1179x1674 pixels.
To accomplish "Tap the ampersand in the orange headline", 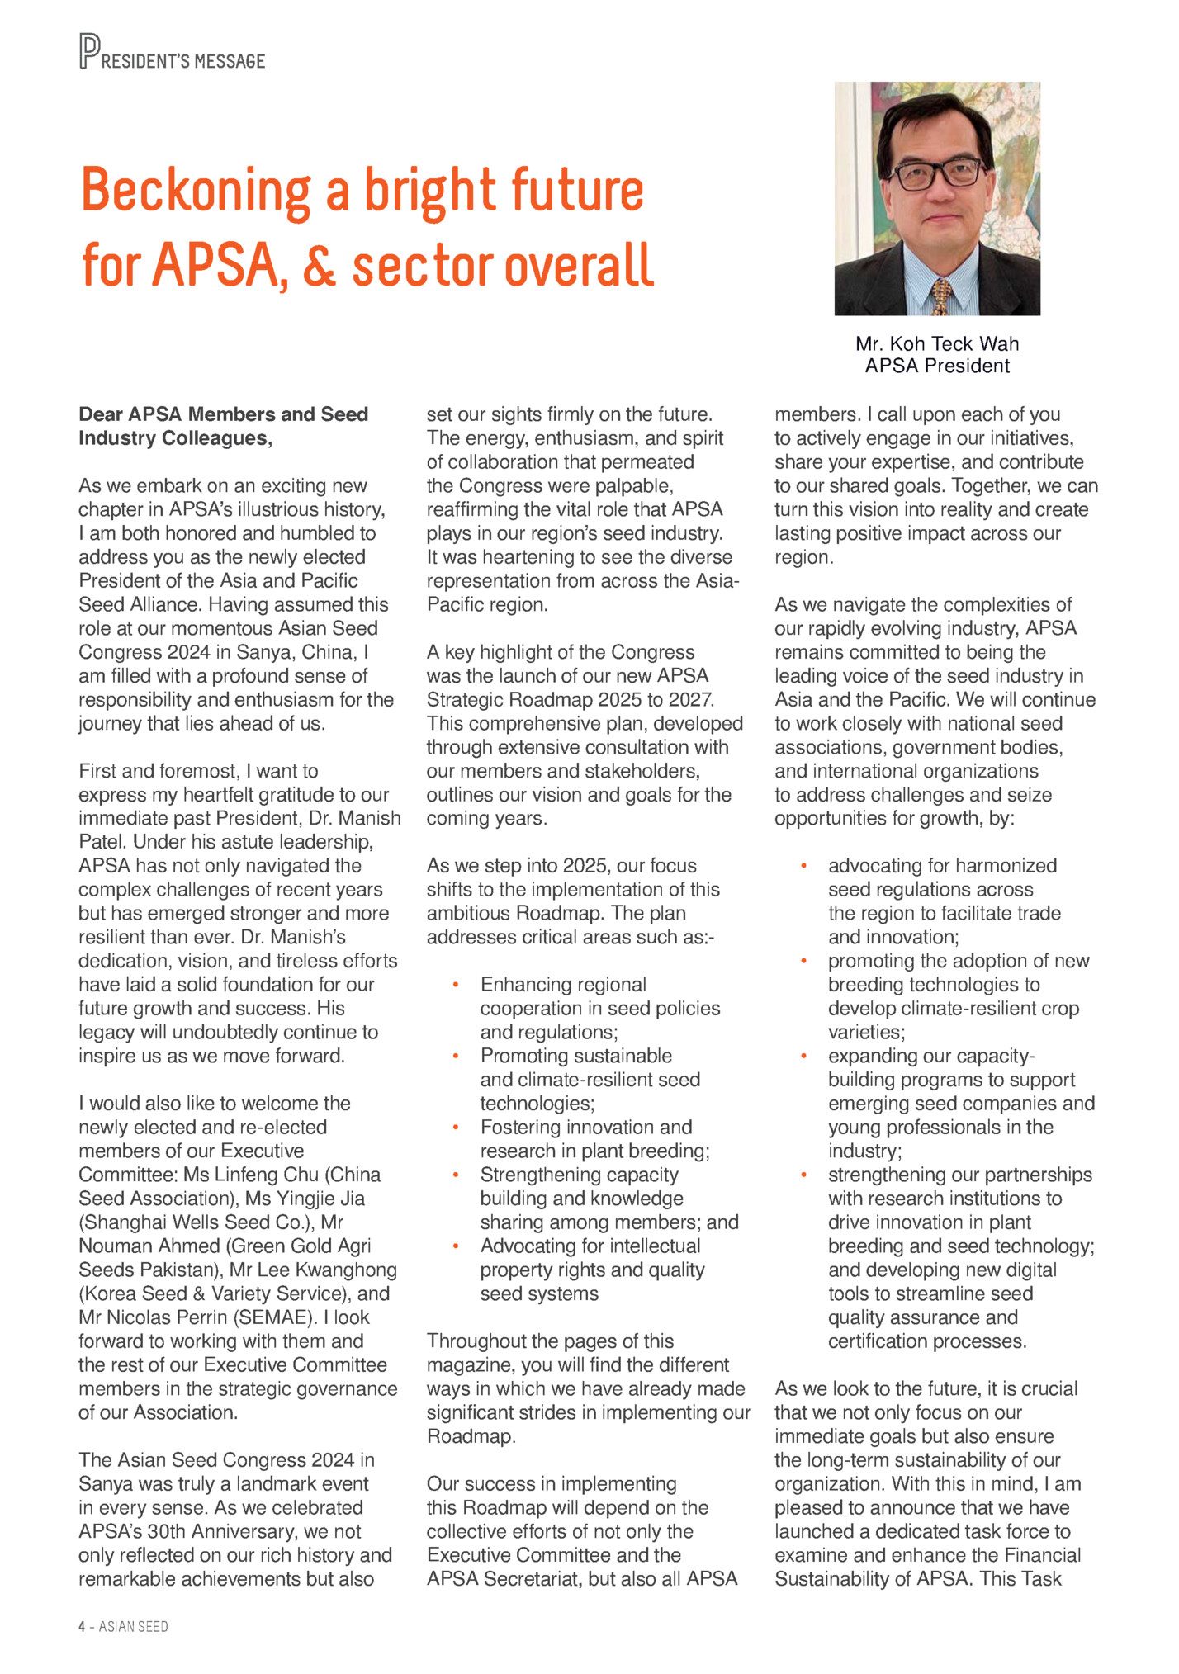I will point(319,266).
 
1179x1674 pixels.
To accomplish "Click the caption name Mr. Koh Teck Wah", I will point(937,344).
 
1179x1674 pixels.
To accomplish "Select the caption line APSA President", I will point(937,366).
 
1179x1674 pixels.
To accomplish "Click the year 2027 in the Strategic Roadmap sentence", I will point(689,700).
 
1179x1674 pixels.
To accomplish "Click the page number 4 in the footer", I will point(82,1626).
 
